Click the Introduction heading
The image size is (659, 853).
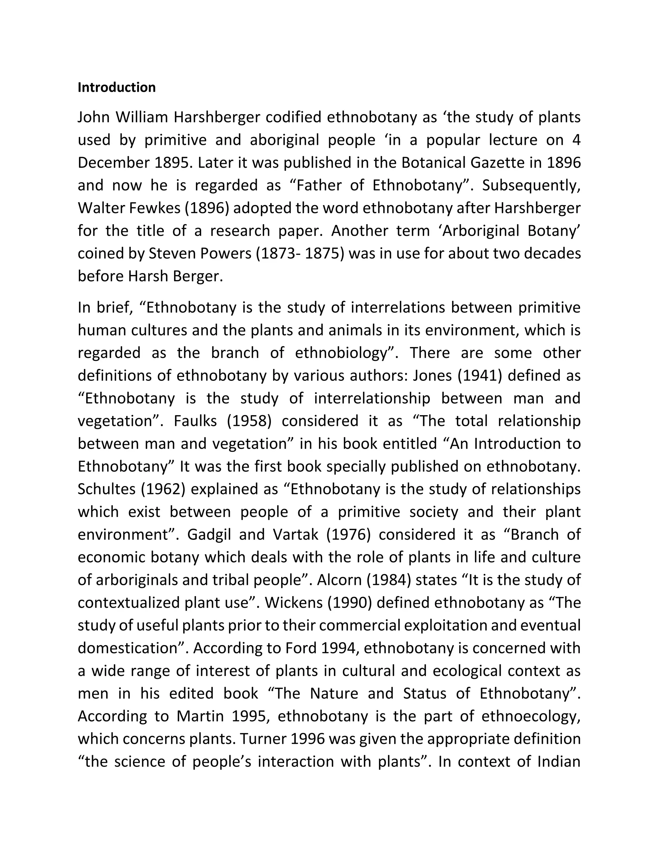click(116, 88)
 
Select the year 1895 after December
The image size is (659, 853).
click(172, 163)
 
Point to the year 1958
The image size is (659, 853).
click(249, 421)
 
